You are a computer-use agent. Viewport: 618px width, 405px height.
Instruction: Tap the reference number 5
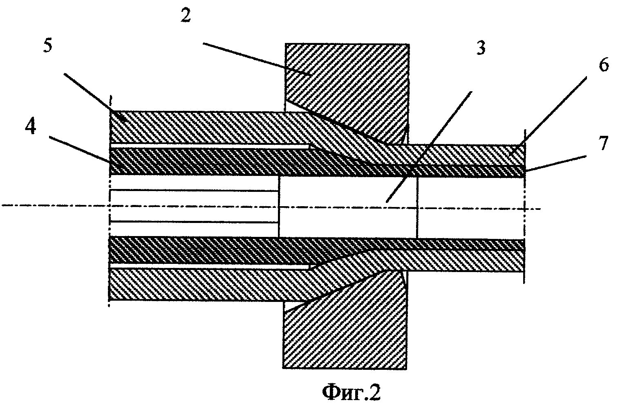pos(48,46)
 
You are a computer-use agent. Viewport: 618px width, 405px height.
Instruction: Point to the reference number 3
pos(481,48)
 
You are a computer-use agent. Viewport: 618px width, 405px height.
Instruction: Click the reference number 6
pos(604,65)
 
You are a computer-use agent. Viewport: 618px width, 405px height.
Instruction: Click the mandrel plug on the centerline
pos(347,207)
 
